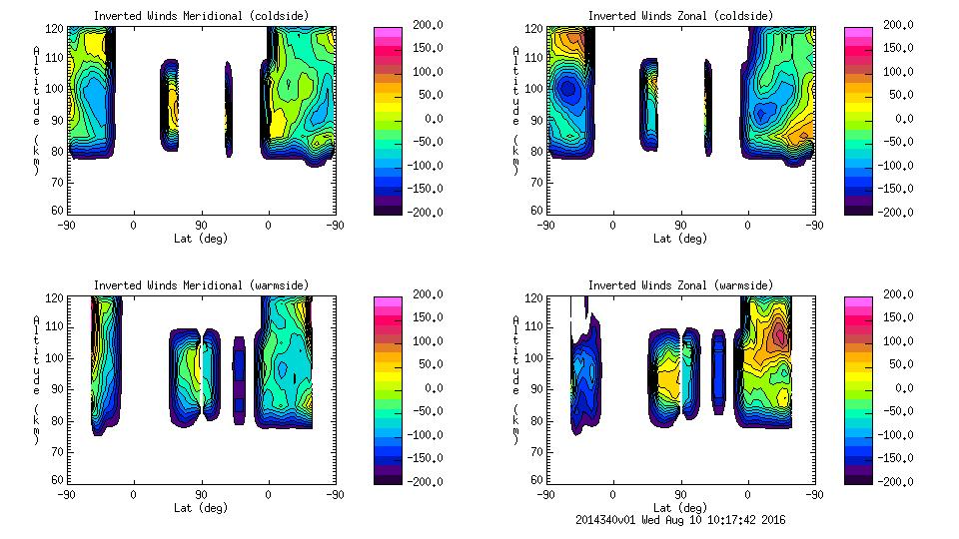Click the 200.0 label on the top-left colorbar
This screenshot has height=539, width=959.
click(424, 25)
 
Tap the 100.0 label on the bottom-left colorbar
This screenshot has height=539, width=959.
click(424, 341)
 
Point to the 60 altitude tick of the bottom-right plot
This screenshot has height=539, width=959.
click(536, 480)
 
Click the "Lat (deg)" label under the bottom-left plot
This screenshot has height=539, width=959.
click(201, 507)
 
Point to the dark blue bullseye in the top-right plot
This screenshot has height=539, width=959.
click(568, 88)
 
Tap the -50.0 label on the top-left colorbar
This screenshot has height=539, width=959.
click(424, 142)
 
